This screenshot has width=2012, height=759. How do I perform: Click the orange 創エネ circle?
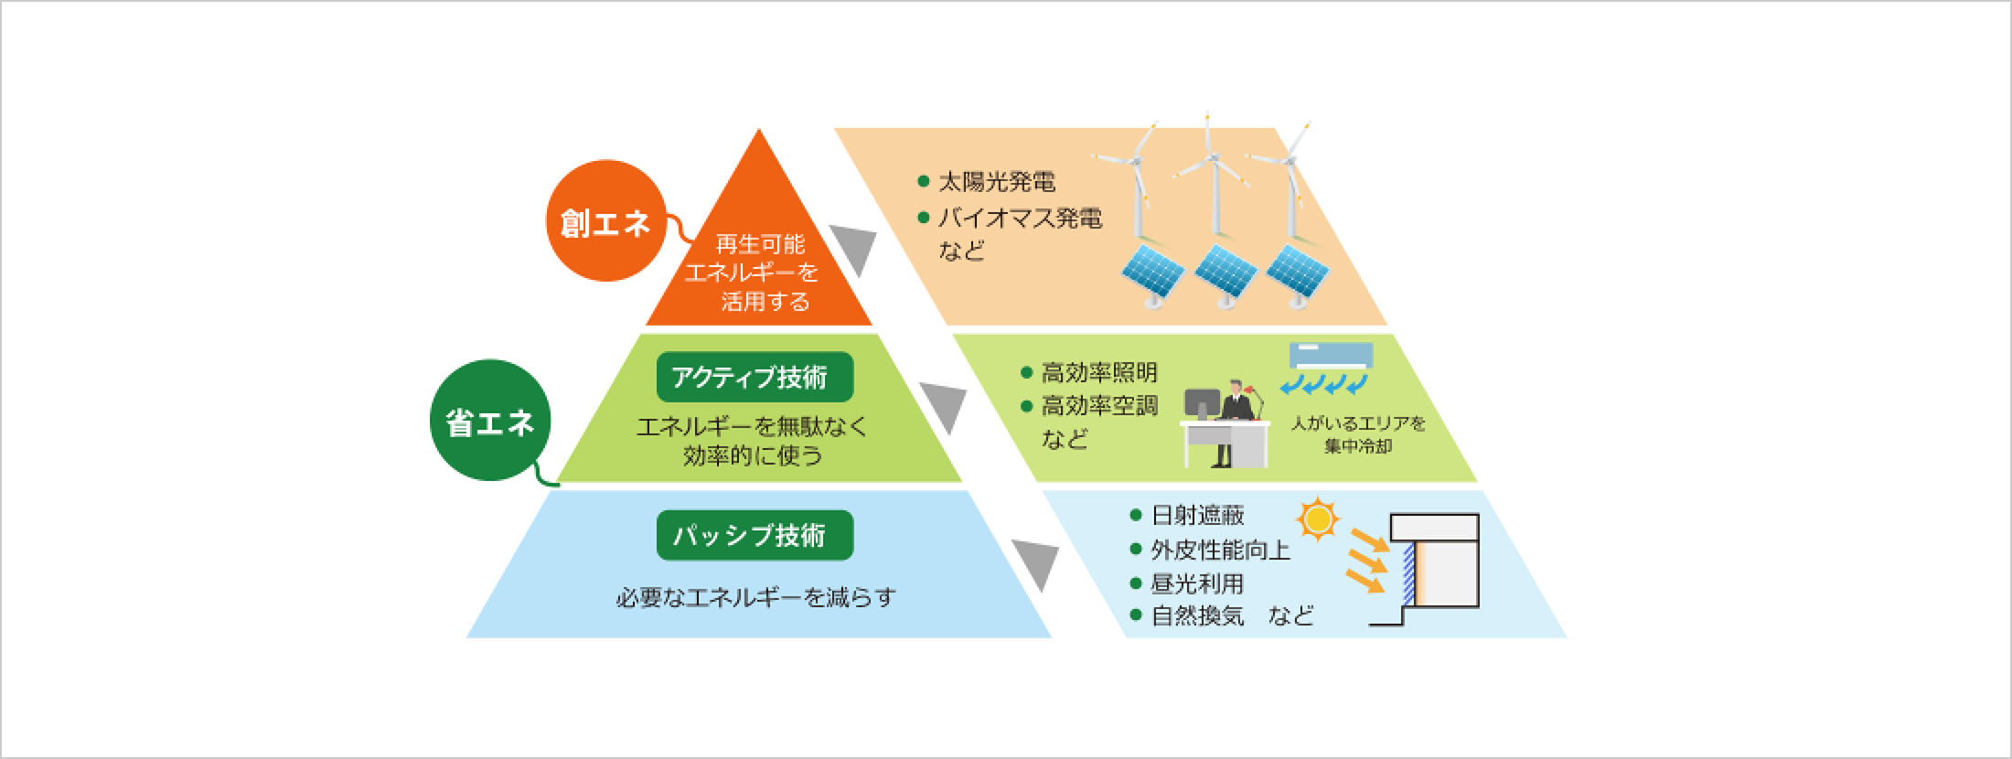coord(606,220)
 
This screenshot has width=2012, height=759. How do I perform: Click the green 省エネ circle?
coord(491,420)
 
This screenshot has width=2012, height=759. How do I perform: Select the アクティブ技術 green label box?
coord(754,377)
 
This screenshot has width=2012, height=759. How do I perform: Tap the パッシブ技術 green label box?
coord(754,535)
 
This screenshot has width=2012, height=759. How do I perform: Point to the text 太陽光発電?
coord(997,182)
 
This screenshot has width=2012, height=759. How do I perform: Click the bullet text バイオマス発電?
coord(1020,219)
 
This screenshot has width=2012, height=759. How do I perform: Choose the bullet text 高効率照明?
coord(1099,372)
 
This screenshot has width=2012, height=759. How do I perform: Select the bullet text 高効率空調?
coord(1099,405)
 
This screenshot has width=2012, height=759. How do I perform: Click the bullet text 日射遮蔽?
coord(1197,515)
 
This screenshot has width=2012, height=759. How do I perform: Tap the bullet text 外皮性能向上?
coord(1220,550)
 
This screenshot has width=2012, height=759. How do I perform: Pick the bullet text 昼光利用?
coord(1197,583)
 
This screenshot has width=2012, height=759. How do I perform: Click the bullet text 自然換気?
coord(1197,615)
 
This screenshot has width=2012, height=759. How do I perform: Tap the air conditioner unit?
coord(1331,356)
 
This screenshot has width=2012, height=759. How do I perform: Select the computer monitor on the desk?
coord(1202,404)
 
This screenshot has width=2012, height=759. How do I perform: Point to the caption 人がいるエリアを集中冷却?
coord(1358,434)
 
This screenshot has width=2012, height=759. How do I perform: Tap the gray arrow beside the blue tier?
coord(1035,565)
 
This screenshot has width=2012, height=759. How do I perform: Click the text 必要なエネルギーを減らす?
coord(755,597)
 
